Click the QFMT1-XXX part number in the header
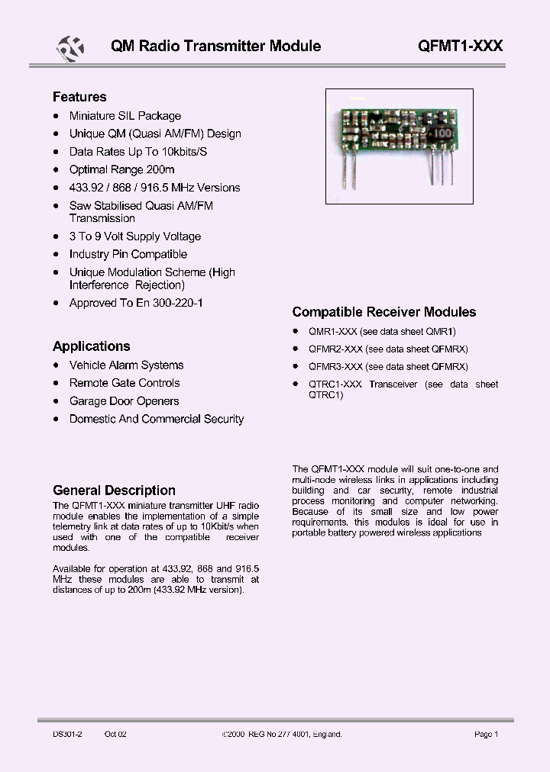pyautogui.click(x=460, y=46)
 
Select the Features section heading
pyautogui.click(x=79, y=97)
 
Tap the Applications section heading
pyautogui.click(x=91, y=346)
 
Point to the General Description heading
pyautogui.click(x=114, y=491)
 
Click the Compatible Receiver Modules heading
pyautogui.click(x=383, y=312)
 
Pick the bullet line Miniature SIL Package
pyautogui.click(x=125, y=116)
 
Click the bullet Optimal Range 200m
pyautogui.click(x=121, y=169)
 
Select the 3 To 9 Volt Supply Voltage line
pyautogui.click(x=134, y=236)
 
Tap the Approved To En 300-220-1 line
pyautogui.click(x=136, y=303)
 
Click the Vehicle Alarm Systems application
pyautogui.click(x=126, y=365)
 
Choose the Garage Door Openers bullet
pyautogui.click(x=124, y=401)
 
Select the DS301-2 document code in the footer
pyautogui.click(x=67, y=734)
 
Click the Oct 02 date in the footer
pyautogui.click(x=115, y=734)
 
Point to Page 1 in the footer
pyautogui.click(x=486, y=734)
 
